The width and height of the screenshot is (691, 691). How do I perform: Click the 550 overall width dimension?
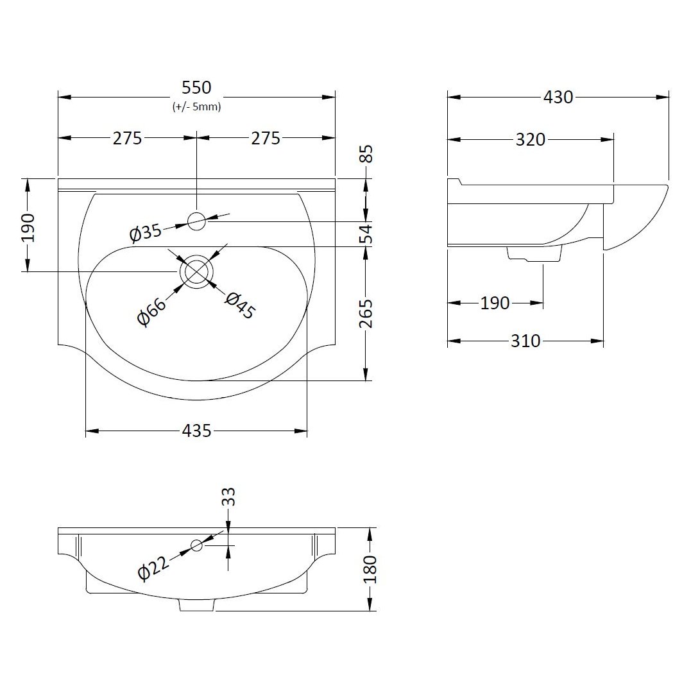coord(196,88)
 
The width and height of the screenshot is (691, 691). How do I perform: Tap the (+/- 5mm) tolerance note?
coord(196,107)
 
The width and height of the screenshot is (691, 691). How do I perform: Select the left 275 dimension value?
coord(127,138)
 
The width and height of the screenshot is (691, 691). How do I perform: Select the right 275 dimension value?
coord(265,138)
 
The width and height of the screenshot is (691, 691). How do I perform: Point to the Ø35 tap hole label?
coord(145,232)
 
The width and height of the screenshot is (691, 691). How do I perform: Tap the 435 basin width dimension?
coord(196,431)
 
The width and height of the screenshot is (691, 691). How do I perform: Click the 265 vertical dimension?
coord(366,313)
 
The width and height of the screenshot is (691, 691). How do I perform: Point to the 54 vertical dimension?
coord(366,234)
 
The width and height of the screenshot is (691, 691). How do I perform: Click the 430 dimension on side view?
coord(558,98)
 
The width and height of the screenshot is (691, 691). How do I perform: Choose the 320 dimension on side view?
coord(530,139)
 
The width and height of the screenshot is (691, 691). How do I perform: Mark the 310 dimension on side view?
coord(525,341)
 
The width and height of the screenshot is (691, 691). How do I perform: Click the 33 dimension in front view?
coord(229,497)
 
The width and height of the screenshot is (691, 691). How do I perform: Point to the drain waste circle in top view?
coord(196,271)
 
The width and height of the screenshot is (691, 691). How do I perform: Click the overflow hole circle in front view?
coord(196,545)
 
